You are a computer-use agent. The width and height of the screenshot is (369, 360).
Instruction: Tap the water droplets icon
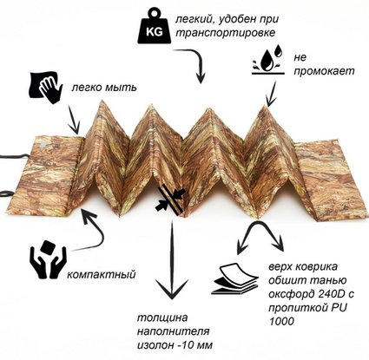coord(267,60)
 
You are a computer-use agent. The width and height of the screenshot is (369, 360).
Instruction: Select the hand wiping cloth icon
coord(45,88)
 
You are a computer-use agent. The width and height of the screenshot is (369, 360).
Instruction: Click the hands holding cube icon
coord(48,259)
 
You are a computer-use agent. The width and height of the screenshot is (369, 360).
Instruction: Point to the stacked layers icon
coord(236,278)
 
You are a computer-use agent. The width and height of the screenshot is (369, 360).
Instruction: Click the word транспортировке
coord(226,33)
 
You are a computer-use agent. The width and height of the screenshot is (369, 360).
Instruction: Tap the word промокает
coord(324,71)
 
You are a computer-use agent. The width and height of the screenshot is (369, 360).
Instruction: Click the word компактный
coord(102,274)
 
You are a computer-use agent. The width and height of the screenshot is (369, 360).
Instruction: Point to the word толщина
coord(162,317)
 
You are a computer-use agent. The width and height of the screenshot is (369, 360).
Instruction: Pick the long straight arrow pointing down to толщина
coord(172,260)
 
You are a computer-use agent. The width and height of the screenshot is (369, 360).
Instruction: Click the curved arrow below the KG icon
coord(194,62)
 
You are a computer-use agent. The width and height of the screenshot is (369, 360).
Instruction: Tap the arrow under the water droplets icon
coord(271,94)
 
